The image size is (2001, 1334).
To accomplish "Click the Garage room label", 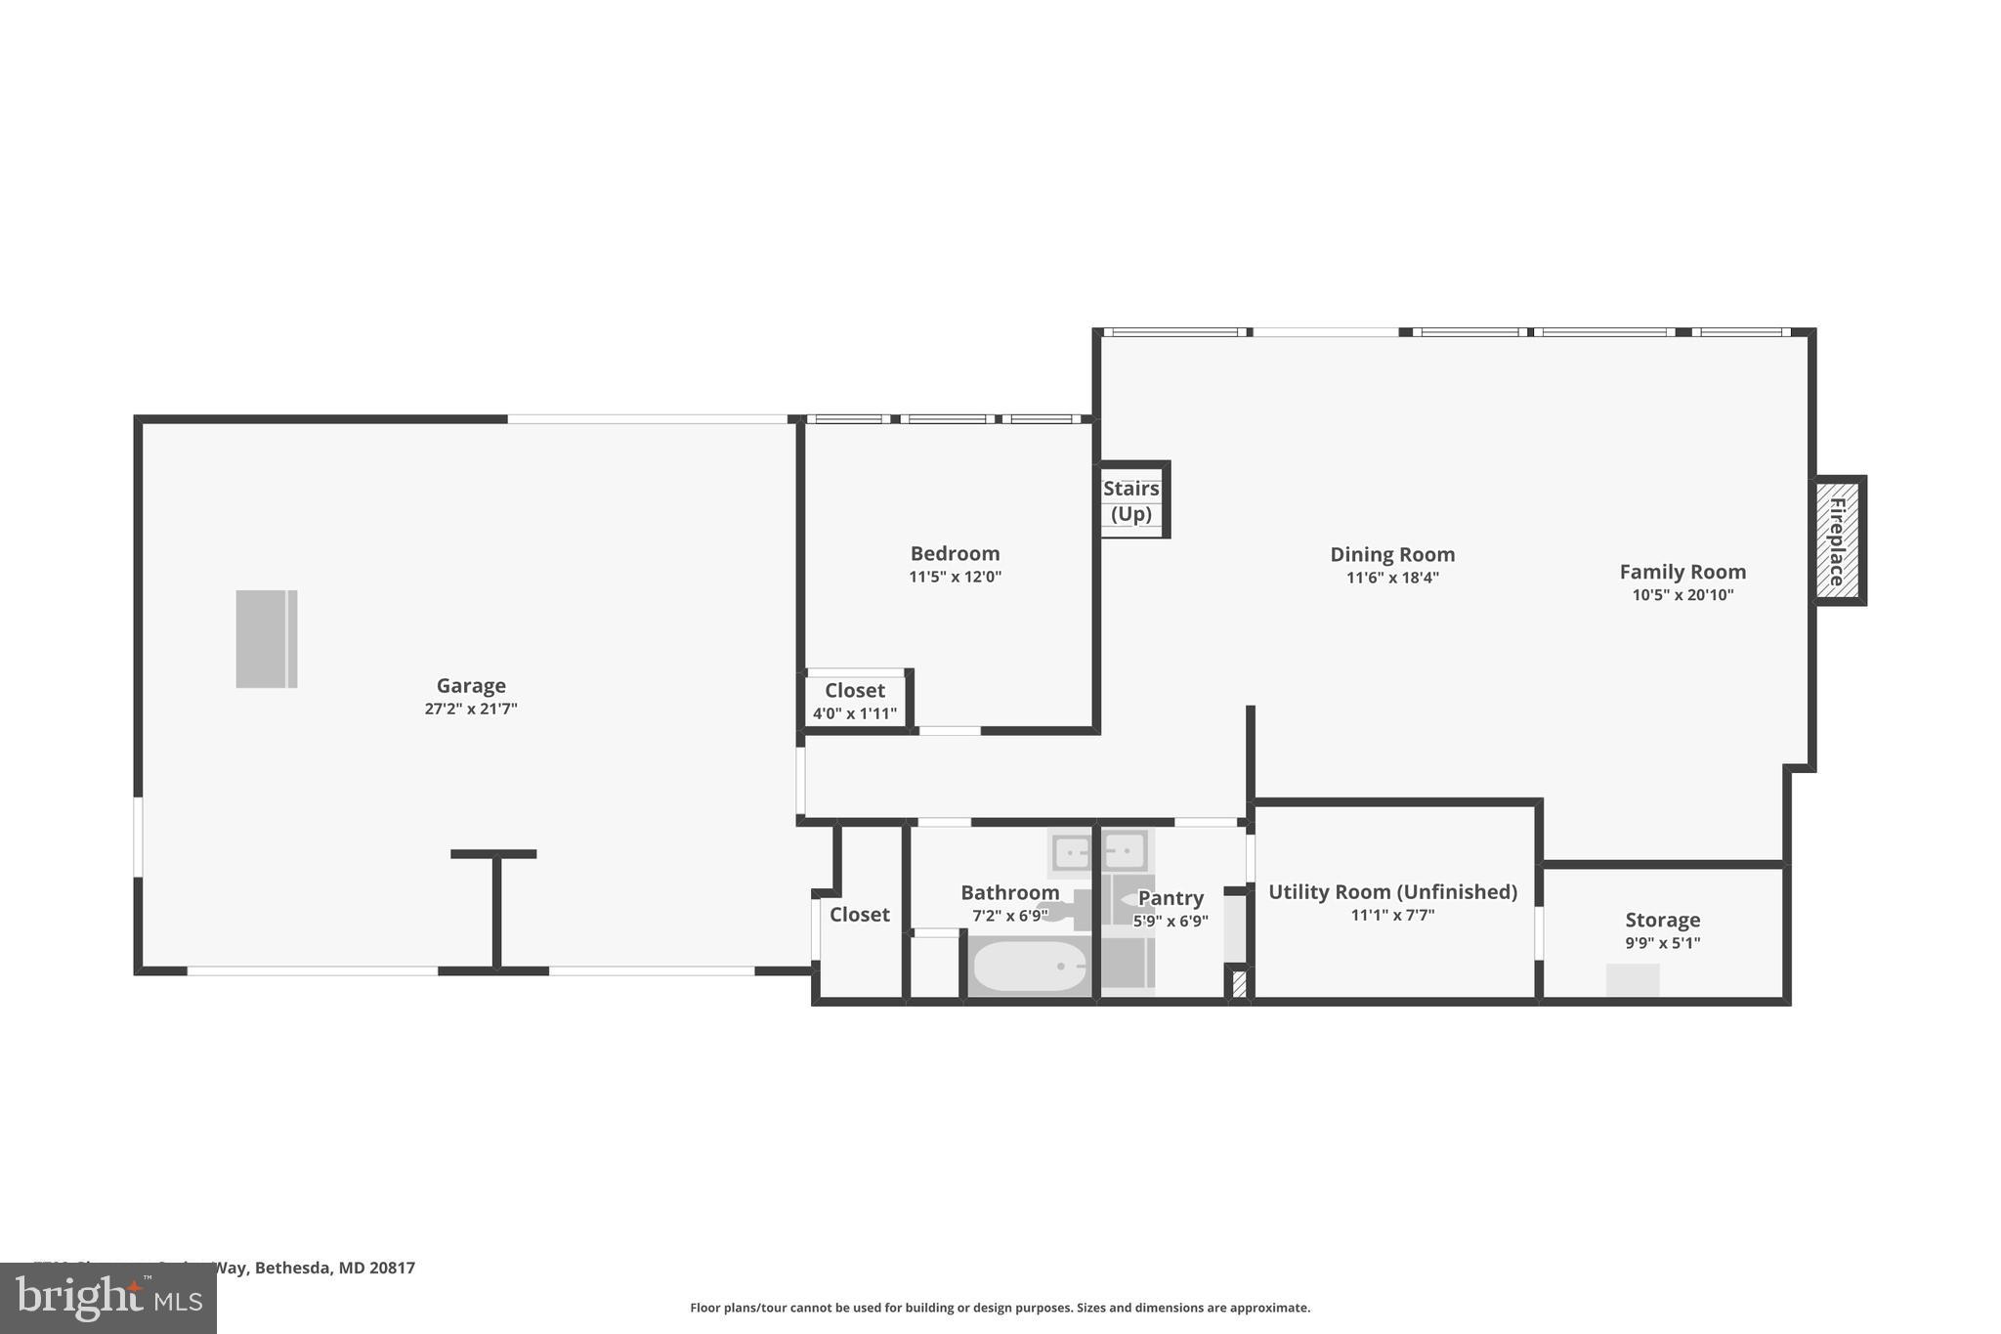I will coord(471,686).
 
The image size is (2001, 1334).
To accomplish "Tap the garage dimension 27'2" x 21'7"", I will coord(471,710).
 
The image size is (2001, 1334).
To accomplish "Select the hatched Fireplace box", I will coord(1838,540).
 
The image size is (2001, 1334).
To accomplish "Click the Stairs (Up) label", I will coord(1130,501).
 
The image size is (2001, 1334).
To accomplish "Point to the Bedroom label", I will coord(955,554).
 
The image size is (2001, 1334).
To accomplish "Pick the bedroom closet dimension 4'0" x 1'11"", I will coord(855,714).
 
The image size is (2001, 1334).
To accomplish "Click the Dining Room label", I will coord(1392,555).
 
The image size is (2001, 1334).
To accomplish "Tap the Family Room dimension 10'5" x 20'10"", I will coord(1682,595).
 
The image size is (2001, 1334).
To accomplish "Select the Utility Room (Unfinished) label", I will coord(1392,892).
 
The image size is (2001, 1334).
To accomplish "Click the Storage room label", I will coord(1662,920).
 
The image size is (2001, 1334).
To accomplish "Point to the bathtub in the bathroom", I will coord(1030,966).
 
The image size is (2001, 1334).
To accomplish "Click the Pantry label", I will coord(1171,898).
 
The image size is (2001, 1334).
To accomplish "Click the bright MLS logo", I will coord(108,1298).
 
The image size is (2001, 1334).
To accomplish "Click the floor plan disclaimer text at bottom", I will coord(1000,1308).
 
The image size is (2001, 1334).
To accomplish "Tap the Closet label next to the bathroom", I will coord(860,915).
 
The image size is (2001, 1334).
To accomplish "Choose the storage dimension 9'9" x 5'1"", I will coord(1662,943).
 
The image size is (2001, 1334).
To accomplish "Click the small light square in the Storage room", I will coord(1633,980).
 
